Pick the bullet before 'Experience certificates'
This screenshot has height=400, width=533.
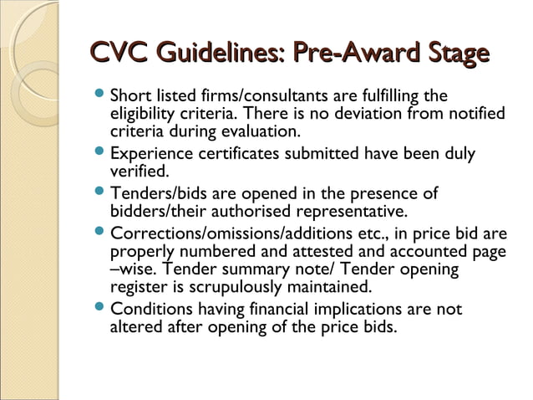(x=100, y=154)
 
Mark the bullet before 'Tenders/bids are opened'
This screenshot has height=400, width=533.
(x=100, y=193)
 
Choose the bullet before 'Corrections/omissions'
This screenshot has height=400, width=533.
(x=100, y=232)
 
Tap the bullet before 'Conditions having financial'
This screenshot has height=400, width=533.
(x=100, y=310)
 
